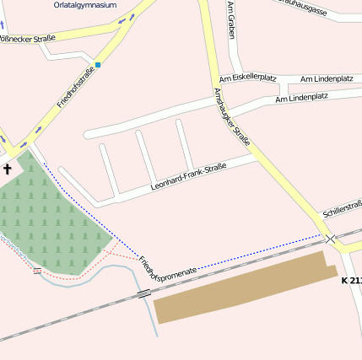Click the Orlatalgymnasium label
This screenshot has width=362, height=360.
pos(84,4)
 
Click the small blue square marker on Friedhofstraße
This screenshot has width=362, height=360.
pos(98,64)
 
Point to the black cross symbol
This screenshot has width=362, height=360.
pos(8,169)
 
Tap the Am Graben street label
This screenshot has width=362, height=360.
pos(231,21)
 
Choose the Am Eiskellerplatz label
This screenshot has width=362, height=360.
pos(248,78)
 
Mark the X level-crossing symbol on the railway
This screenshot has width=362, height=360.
pos(331,239)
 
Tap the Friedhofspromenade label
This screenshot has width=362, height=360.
pos(168,269)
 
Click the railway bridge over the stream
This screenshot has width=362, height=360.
pos(144,293)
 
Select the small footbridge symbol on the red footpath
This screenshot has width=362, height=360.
pos(37,271)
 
